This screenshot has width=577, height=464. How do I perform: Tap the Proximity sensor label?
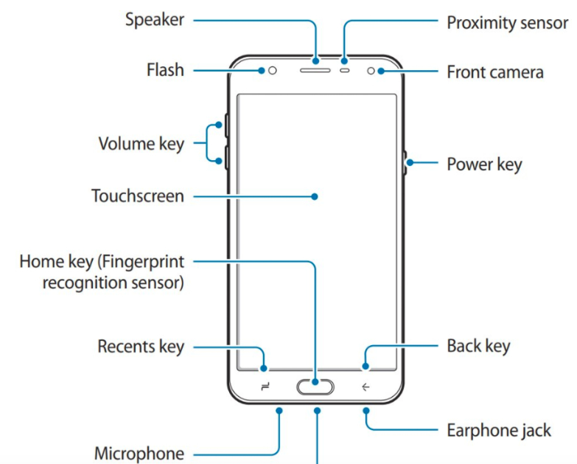(508, 22)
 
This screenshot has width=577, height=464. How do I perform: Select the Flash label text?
(165, 72)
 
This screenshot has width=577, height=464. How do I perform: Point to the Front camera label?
(495, 72)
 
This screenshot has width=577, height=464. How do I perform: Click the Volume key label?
(141, 143)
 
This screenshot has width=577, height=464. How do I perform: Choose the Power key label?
(484, 163)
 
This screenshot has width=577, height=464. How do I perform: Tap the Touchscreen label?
(137, 196)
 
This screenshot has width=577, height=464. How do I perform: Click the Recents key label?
(141, 346)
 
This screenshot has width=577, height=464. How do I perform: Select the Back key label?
(478, 345)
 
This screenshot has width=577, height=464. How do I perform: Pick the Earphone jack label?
(499, 430)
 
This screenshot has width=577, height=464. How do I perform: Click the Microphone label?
(139, 453)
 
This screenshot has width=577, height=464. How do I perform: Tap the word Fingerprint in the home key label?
(142, 261)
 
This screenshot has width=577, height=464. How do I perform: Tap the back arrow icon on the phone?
(365, 387)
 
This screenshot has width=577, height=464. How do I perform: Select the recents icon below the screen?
(265, 387)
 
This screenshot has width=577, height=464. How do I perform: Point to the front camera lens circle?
(371, 72)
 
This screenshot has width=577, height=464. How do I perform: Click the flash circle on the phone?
(273, 72)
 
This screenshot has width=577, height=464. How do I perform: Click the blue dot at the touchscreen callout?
(315, 197)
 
